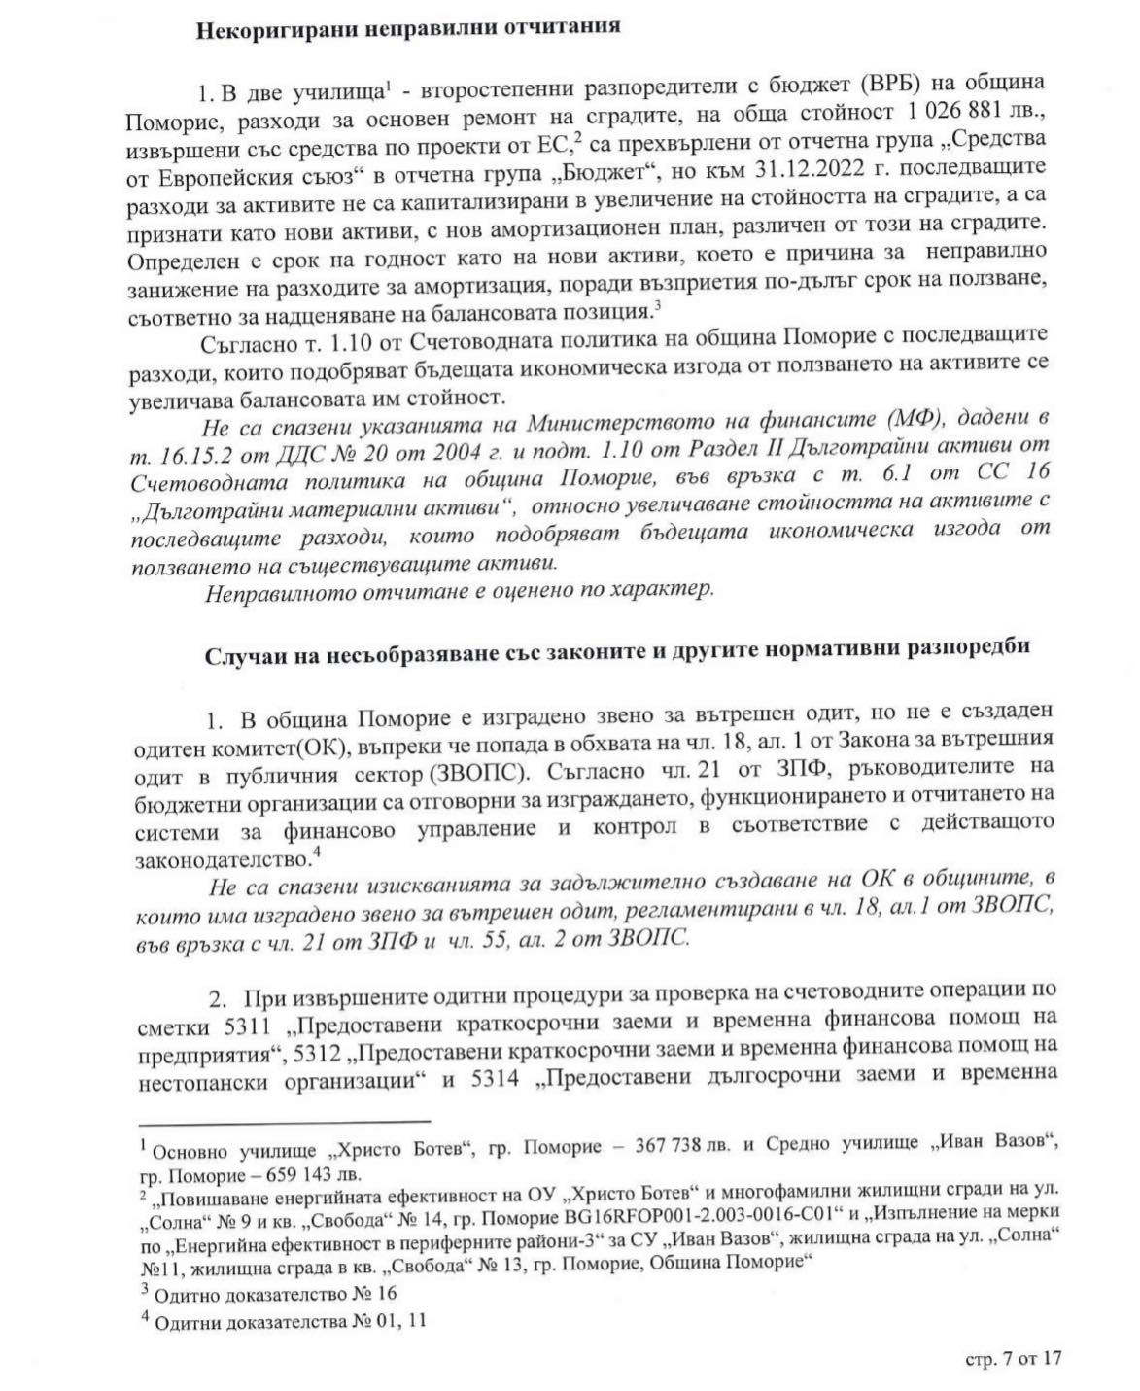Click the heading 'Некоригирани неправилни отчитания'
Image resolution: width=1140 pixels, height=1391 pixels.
coord(408,27)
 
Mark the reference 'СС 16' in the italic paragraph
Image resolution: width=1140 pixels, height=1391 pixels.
coord(1018,475)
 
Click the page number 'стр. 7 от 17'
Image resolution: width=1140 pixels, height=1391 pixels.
coord(1013,1359)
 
